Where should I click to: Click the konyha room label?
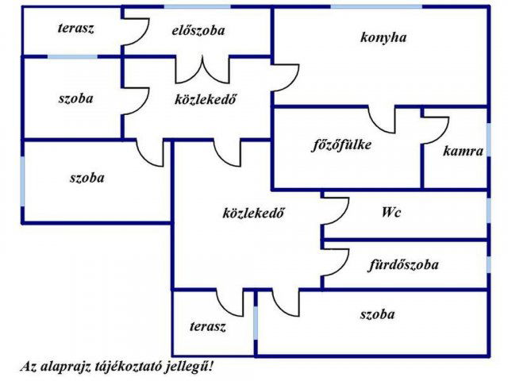click(383, 37)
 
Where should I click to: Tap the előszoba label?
click(198, 31)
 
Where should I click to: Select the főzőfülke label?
click(341, 145)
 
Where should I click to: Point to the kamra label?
click(464, 151)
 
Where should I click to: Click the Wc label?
click(391, 213)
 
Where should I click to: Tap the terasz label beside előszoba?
click(76, 29)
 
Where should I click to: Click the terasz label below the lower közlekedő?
click(208, 325)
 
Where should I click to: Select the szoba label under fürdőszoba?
click(377, 314)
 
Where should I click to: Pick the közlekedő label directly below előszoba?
click(206, 99)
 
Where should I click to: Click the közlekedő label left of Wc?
click(254, 213)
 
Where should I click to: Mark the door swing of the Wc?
click(335, 210)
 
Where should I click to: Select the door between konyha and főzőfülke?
click(383, 119)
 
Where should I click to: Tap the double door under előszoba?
click(203, 68)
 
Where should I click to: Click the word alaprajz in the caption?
click(66, 368)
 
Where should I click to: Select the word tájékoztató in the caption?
click(130, 368)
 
